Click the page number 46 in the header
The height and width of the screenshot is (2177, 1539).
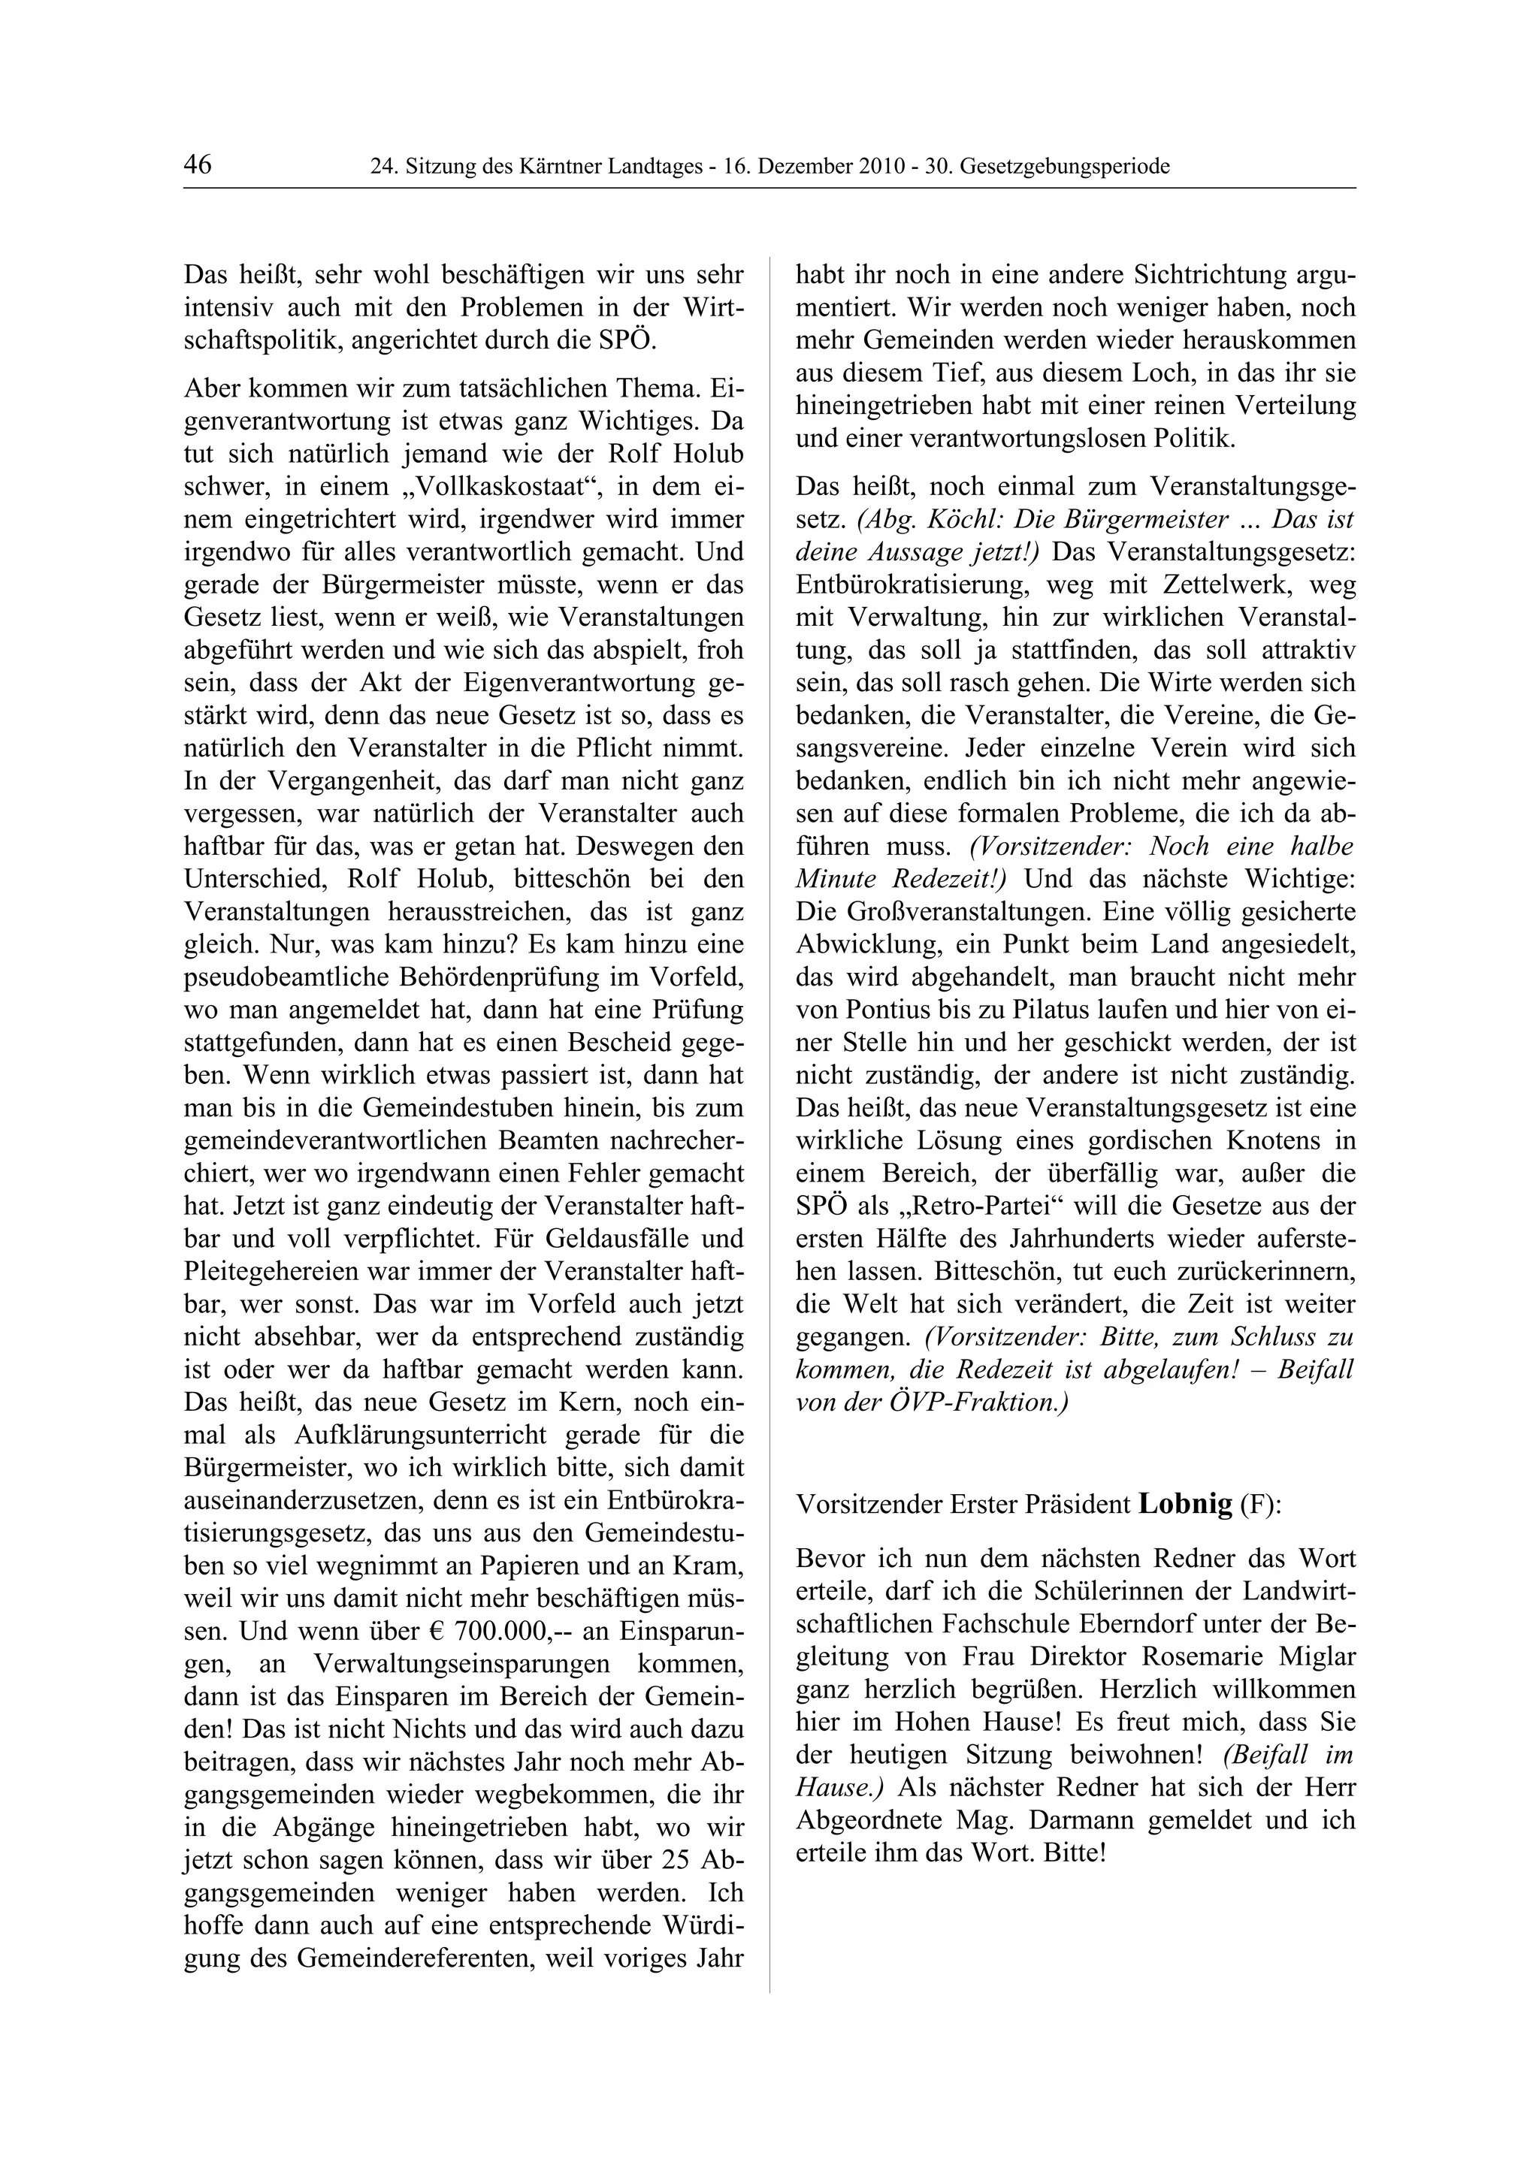[x=198, y=165]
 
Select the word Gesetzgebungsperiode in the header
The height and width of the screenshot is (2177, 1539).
[x=1065, y=168]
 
